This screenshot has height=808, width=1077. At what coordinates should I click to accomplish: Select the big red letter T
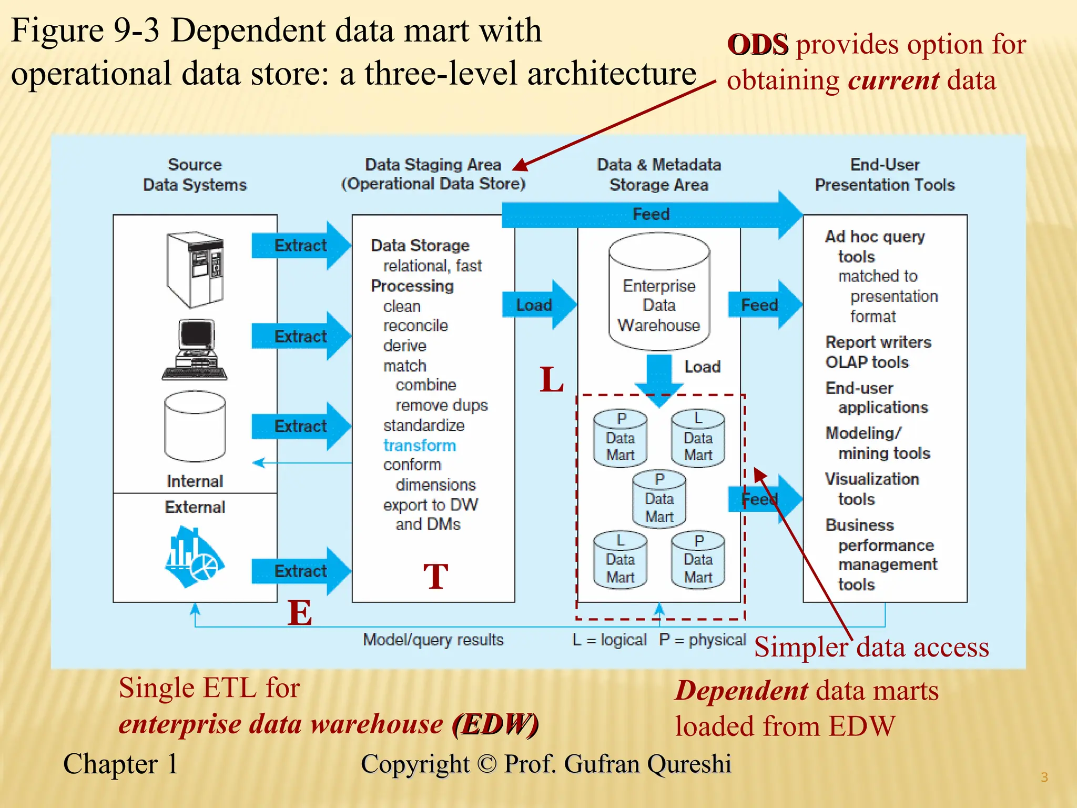(435, 577)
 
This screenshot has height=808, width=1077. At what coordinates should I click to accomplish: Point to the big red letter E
(300, 613)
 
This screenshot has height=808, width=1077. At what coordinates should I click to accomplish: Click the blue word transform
(419, 446)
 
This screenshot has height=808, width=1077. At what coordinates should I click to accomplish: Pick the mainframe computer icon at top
(195, 269)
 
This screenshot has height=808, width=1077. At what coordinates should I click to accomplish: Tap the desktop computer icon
(195, 350)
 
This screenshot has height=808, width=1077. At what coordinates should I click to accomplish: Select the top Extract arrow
(300, 246)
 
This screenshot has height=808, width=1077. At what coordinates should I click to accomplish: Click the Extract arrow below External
(300, 571)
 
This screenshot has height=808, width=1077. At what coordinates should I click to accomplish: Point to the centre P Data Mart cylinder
(659, 499)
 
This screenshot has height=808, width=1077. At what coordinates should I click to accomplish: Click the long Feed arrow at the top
(651, 215)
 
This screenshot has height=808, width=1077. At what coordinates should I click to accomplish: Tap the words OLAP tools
(867, 362)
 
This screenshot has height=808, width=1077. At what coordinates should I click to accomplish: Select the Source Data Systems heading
(195, 175)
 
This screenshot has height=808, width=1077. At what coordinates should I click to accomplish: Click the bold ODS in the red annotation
(757, 45)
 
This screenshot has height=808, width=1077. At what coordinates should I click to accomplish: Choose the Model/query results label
(433, 640)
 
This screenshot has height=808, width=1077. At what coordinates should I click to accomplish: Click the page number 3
(1044, 777)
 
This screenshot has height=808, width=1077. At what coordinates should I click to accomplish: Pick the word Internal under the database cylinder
(195, 481)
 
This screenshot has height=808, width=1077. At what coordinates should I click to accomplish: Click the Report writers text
(878, 342)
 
